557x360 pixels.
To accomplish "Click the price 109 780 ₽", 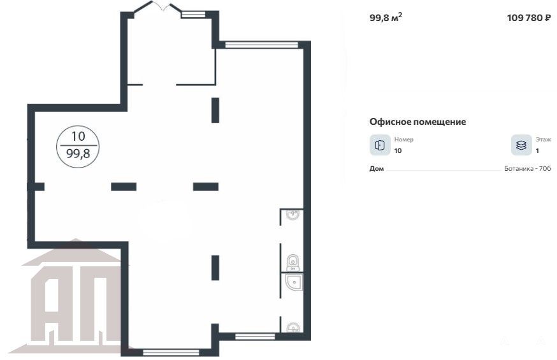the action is tap(529, 18).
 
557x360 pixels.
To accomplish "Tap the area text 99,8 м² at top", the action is tap(386, 17).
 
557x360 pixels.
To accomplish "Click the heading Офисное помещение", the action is tap(417, 122).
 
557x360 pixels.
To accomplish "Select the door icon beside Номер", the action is tap(380, 145).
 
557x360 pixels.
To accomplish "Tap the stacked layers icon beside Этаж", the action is tap(521, 145).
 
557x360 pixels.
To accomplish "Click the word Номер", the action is tap(403, 140).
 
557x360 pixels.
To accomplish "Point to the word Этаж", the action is tap(543, 140).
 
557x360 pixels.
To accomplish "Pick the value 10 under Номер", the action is tap(398, 150).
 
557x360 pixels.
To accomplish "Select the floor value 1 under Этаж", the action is tap(537, 150).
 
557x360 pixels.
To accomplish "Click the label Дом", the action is tap(377, 169).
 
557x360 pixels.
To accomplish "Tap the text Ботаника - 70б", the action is tap(528, 169).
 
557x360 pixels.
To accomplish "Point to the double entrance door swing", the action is tap(163, 6).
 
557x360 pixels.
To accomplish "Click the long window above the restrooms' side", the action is tap(261, 45).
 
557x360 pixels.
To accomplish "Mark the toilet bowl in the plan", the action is tap(293, 263).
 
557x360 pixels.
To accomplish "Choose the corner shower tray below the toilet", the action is tap(294, 282).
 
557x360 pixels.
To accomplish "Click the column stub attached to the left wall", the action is tap(36, 187).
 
